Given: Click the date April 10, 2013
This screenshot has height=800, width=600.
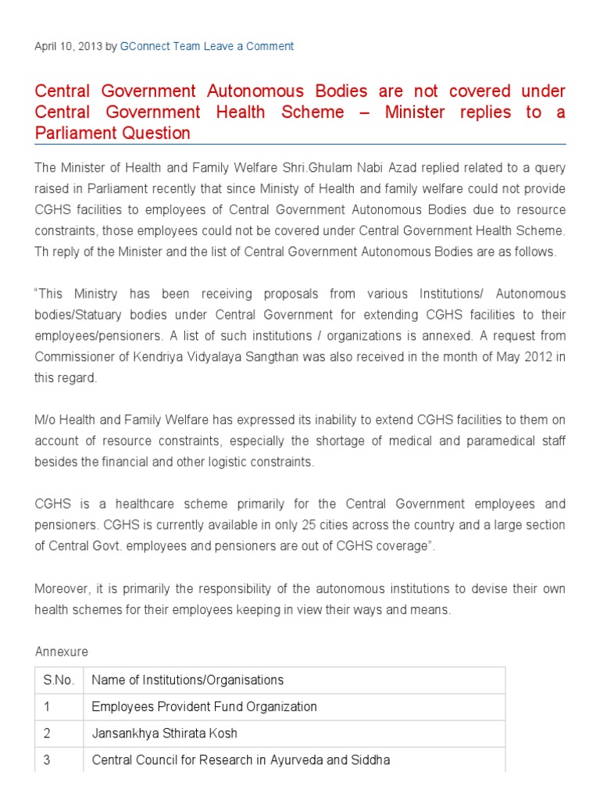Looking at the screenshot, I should click(69, 46).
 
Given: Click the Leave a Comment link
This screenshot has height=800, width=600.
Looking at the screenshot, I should click(249, 46).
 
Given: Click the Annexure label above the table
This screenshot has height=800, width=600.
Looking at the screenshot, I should click(62, 652).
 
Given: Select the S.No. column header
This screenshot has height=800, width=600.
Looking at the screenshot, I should click(59, 680).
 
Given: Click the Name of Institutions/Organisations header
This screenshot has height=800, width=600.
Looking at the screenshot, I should click(187, 680).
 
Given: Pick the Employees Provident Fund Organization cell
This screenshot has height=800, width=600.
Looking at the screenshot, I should click(204, 707).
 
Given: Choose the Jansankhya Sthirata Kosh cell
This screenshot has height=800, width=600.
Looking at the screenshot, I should click(164, 734).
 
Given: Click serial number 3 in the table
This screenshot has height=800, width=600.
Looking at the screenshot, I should click(47, 760).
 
